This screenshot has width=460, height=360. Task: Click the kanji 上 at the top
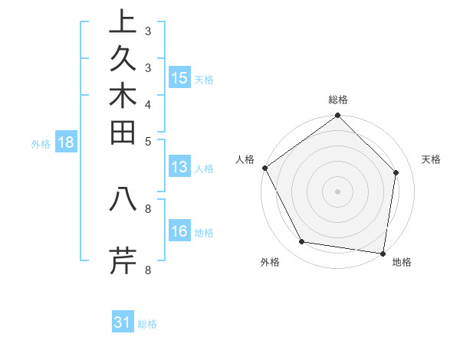pyautogui.click(x=123, y=23)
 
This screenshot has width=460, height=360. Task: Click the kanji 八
pyautogui.click(x=123, y=199)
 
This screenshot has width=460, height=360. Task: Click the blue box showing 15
pyautogui.click(x=179, y=78)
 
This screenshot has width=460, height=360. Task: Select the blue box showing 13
pyautogui.click(x=179, y=168)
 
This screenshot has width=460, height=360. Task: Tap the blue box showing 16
pyautogui.click(x=179, y=231)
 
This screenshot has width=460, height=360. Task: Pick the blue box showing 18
pyautogui.click(x=66, y=142)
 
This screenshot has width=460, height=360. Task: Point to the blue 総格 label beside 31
pyautogui.click(x=147, y=324)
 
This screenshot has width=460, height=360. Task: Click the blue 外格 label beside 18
pyautogui.click(x=41, y=143)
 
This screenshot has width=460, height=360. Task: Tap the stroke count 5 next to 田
pyautogui.click(x=148, y=140)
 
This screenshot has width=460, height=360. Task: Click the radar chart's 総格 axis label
pyautogui.click(x=338, y=100)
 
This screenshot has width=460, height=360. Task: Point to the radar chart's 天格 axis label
pyautogui.click(x=431, y=159)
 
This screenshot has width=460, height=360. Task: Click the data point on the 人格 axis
pyautogui.click(x=265, y=168)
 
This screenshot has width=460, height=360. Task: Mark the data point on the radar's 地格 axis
pyautogui.click(x=383, y=252)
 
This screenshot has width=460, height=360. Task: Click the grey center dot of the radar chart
pyautogui.click(x=338, y=191)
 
